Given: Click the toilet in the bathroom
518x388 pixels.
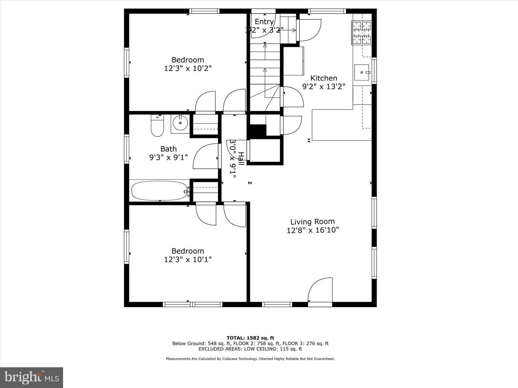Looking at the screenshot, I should coord(157,125).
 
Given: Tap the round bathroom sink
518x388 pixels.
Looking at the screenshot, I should coord(180,123).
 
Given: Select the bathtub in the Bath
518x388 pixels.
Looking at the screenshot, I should coord(159,191).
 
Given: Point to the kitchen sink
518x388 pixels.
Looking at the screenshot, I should coord(362,72).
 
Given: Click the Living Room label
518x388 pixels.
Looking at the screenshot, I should coord(312,222).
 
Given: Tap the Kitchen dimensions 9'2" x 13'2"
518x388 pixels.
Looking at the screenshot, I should coord(323,87).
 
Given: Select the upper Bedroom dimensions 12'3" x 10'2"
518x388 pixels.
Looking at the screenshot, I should coord(188,68).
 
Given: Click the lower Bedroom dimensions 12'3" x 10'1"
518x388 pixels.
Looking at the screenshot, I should coord(188,259).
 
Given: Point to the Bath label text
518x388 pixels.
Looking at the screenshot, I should coord(169,149).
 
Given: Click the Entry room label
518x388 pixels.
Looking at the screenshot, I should coord(264,22).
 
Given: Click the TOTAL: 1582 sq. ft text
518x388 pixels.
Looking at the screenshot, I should coord(250,338).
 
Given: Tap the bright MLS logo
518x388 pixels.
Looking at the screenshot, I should coord(32,378).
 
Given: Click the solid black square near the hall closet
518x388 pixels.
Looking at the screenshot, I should coord(257,131).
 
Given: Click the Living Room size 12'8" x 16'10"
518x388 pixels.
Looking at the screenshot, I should coord(313,230).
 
